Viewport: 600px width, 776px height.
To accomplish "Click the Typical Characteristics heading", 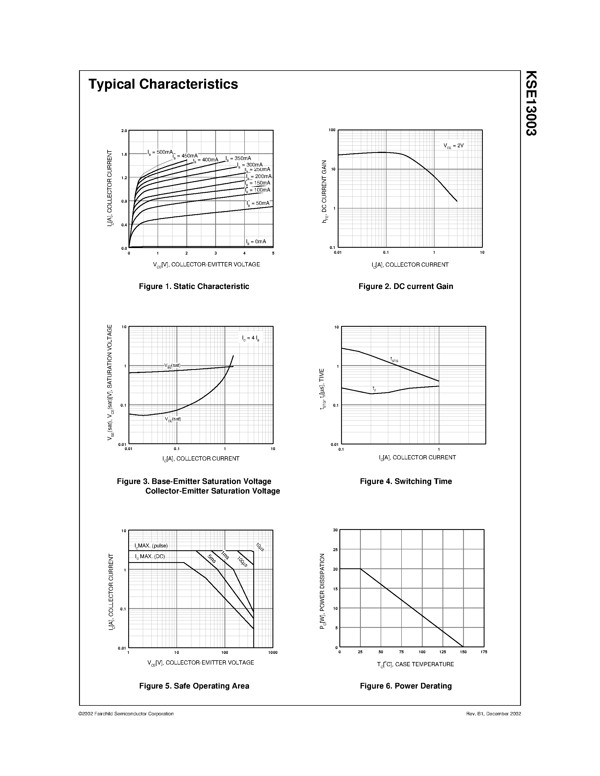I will point(163,84).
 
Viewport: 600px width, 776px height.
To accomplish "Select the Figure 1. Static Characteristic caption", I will point(194,286).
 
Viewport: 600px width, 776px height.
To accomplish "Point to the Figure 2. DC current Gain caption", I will point(405,286).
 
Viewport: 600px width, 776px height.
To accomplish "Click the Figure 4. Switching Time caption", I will point(405,481).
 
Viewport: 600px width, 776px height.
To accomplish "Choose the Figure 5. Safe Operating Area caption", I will point(194,686).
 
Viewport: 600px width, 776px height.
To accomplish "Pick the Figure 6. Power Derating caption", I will point(405,686).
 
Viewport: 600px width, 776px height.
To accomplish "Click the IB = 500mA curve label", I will point(160,152).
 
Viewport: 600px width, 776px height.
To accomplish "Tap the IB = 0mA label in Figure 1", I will point(256,242).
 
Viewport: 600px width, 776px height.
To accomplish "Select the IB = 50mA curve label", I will point(258,203).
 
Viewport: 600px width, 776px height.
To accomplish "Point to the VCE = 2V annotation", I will point(453,146).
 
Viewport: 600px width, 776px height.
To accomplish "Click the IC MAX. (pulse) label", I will point(151,546).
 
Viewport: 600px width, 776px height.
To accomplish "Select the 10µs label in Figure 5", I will point(260,547).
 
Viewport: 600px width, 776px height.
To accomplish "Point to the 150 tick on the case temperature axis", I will point(463,652).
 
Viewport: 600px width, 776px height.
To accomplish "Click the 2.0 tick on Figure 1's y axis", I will point(124,131).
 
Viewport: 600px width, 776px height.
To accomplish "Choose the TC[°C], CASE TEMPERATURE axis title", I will point(415,664).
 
